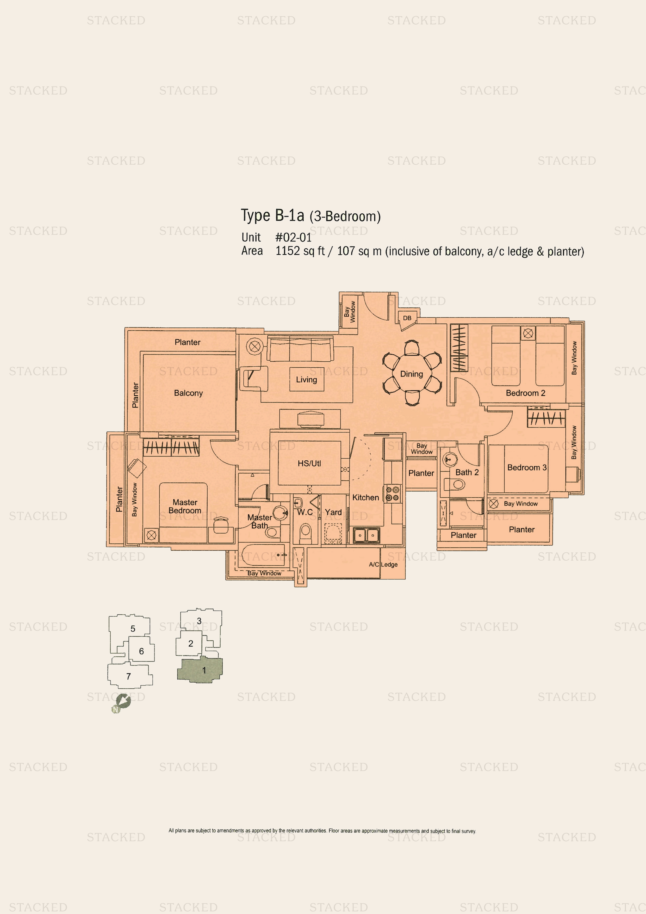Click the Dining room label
pos(412,374)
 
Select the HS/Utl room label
pos(309,463)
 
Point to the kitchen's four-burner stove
pos(392,494)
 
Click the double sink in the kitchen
pos(366,535)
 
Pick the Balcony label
pos(188,393)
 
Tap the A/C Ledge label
pos(383,565)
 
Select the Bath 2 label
pos(467,472)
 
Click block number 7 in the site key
pos(129,676)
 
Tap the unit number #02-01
pos(293,237)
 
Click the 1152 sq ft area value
pos(300,251)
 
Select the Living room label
pos(307,379)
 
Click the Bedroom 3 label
pos(527,467)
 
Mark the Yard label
pos(333,512)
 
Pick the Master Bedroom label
pos(185,506)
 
